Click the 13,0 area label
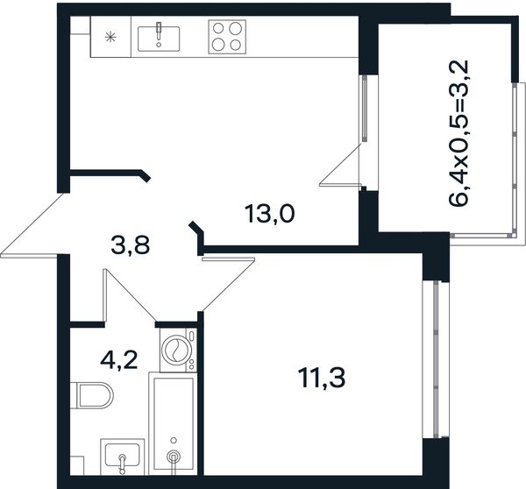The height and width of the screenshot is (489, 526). [x=270, y=215]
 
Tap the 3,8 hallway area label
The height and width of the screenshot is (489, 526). [x=130, y=245]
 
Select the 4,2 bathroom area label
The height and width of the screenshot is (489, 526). [x=118, y=361]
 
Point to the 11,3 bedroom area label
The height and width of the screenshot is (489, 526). [x=322, y=378]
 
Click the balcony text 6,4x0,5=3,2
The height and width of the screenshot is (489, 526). [x=458, y=133]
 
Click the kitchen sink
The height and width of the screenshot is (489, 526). [x=159, y=39]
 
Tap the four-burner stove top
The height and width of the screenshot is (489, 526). [x=227, y=37]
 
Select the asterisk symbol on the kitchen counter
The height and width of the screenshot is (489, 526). [x=110, y=37]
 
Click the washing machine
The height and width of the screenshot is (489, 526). [x=178, y=350]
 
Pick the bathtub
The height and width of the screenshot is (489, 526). [x=173, y=423]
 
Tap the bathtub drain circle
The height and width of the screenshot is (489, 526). [x=174, y=457]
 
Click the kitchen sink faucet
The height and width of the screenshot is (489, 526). [x=159, y=33]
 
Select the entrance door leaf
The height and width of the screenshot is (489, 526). [x=32, y=223]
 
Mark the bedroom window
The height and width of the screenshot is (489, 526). [x=436, y=359]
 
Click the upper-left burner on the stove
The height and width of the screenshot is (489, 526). [x=218, y=28]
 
